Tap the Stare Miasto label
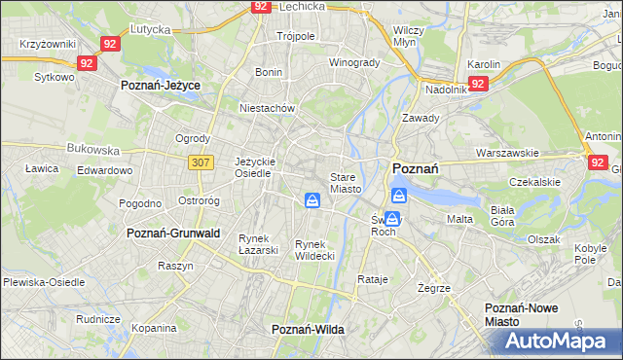(x=346, y=183)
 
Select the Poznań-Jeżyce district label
(x=161, y=86)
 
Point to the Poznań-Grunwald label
(x=174, y=234)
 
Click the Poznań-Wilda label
(x=308, y=330)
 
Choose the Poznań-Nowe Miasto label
(x=522, y=314)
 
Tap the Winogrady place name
(x=353, y=62)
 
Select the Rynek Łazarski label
(x=259, y=244)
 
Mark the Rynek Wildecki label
(x=314, y=249)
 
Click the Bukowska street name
(x=92, y=150)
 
